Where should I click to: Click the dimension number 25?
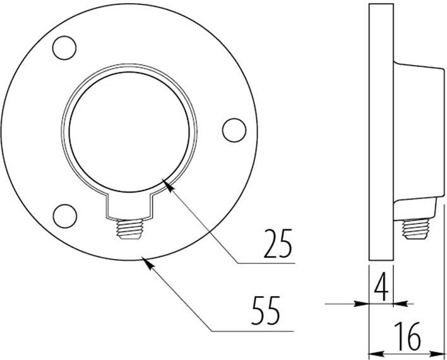coord(278,244)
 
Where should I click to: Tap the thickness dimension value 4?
coord(381,288)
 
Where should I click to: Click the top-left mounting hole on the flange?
coord(64,47)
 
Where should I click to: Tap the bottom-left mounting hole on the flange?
coord(64,215)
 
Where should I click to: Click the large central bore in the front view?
coord(129,130)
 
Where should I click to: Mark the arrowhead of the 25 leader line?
coord(167,184)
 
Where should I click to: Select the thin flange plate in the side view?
coord(381,133)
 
